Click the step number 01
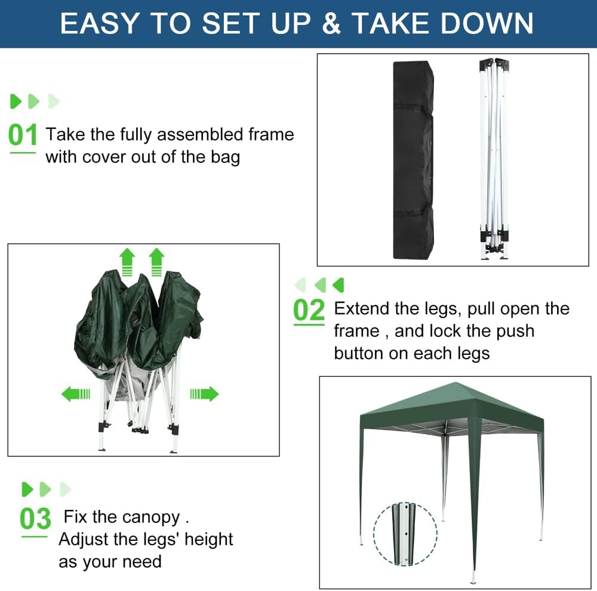[23, 135]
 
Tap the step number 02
[309, 311]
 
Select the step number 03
[35, 519]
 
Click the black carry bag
[413, 160]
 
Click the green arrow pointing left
[76, 394]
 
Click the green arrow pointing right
[204, 394]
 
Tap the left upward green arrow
[127, 262]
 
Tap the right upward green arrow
[156, 262]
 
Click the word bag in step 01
[225, 157]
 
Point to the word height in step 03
[208, 539]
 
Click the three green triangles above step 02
[319, 285]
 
